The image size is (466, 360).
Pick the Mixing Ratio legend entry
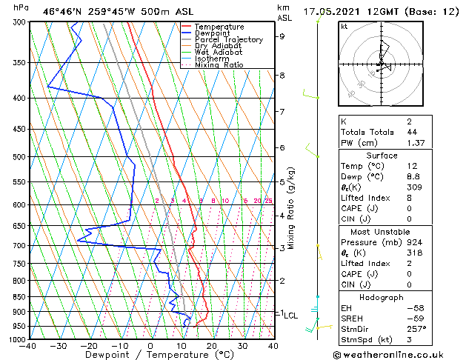point(219,65)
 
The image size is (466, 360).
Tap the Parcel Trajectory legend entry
point(228,40)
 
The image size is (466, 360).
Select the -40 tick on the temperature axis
point(28,345)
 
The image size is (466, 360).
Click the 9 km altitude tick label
point(282,36)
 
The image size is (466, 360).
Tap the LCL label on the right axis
point(290,315)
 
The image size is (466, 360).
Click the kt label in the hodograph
point(344,27)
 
